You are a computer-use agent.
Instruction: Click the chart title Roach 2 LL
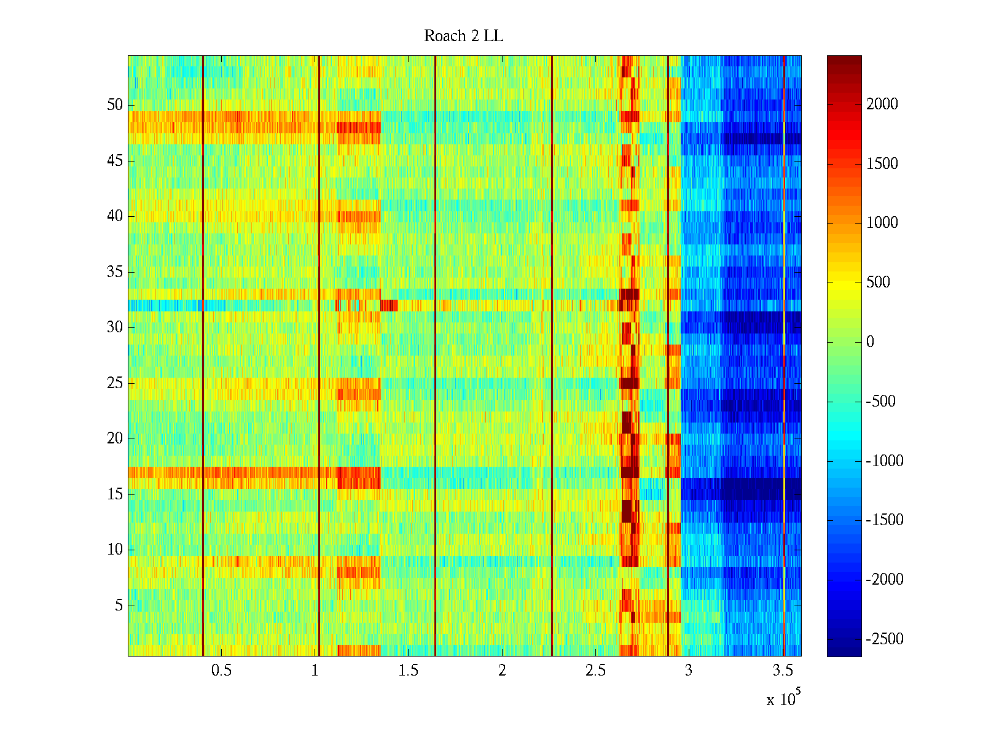click(x=463, y=36)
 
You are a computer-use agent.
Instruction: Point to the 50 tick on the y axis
click(x=115, y=105)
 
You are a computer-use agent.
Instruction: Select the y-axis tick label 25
click(x=115, y=383)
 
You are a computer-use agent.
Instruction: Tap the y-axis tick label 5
click(x=119, y=606)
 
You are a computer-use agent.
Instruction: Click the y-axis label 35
click(x=115, y=272)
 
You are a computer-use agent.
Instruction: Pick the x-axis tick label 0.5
click(x=221, y=671)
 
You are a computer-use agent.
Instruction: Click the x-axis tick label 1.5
click(x=408, y=671)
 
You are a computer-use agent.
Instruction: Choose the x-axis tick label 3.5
click(x=782, y=671)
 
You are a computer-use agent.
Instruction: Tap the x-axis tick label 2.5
click(x=595, y=671)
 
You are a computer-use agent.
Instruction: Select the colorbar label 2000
click(x=882, y=104)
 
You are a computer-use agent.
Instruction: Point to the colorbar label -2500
click(x=885, y=639)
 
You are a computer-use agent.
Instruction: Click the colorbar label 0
click(x=870, y=342)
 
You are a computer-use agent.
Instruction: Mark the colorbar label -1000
click(x=885, y=461)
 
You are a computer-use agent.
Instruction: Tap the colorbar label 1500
click(x=882, y=163)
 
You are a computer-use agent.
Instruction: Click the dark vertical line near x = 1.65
click(x=435, y=356)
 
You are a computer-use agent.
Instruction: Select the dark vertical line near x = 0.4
click(x=203, y=356)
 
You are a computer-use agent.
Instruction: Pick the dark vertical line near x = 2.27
click(x=552, y=356)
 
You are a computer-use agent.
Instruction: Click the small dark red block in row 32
click(x=389, y=305)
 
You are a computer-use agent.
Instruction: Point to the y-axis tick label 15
click(x=115, y=494)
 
